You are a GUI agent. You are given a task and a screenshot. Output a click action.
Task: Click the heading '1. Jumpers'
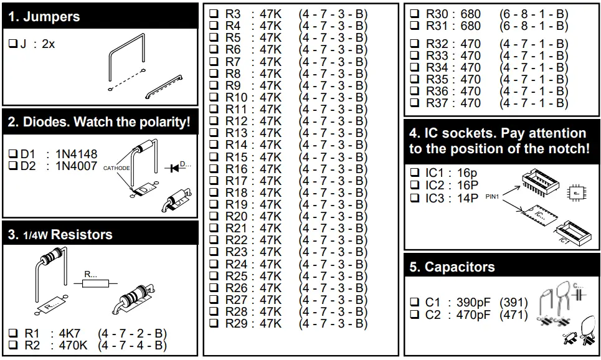pyautogui.click(x=45, y=17)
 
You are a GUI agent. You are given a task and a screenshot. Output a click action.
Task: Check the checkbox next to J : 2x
pyautogui.click(x=13, y=44)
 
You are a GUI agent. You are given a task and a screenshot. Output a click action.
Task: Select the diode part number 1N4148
pyautogui.click(x=77, y=154)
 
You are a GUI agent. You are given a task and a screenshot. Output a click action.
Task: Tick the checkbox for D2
pyautogui.click(x=13, y=166)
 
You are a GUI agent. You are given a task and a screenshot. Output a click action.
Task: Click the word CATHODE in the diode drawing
pyautogui.click(x=116, y=168)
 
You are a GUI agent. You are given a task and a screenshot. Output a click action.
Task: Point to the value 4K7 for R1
pyautogui.click(x=69, y=333)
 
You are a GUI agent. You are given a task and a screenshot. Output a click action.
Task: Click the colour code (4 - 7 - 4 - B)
pyautogui.click(x=131, y=345)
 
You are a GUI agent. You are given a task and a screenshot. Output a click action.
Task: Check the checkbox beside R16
pyautogui.click(x=214, y=169)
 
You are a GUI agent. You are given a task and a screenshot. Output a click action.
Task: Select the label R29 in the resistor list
pyautogui.click(x=236, y=323)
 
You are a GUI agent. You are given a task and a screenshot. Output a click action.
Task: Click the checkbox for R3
pyautogui.click(x=214, y=14)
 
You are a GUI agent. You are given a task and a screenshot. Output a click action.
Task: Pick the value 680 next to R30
pyautogui.click(x=470, y=14)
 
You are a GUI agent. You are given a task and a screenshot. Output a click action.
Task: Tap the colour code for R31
pyautogui.click(x=534, y=26)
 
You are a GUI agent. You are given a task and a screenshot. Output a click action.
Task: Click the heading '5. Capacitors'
pyautogui.click(x=452, y=268)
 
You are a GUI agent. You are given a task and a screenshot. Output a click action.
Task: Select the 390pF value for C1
pyautogui.click(x=473, y=303)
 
